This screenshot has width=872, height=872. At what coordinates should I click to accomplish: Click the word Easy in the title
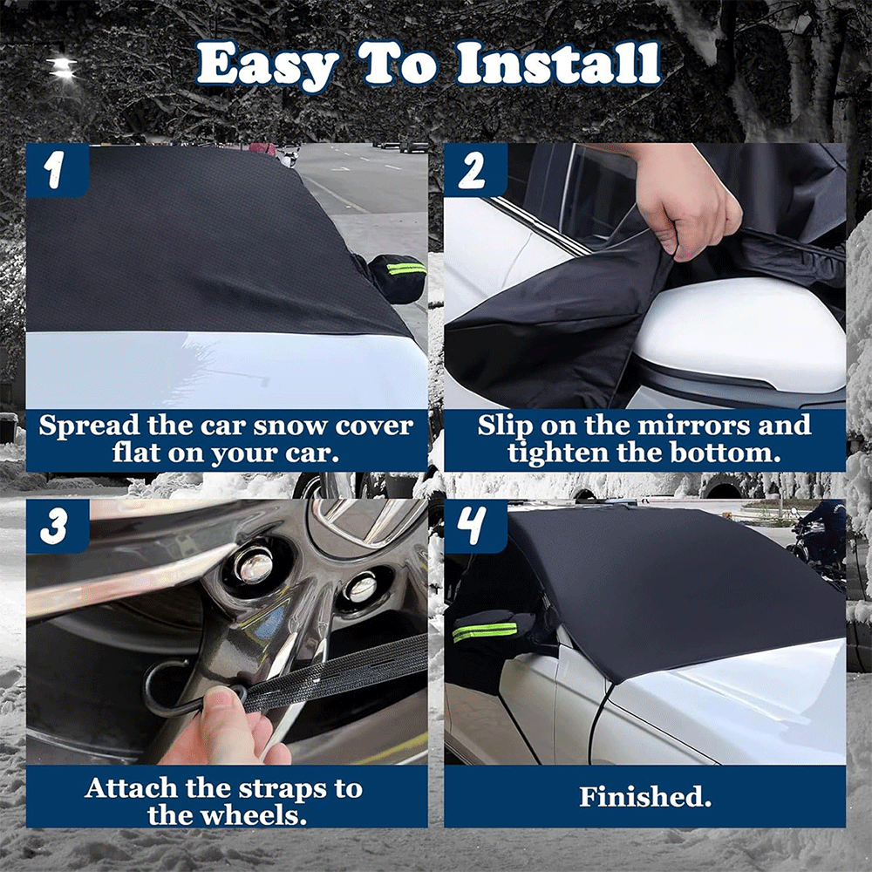[x=266, y=65]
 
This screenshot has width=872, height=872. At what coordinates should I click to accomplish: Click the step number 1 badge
[x=58, y=170]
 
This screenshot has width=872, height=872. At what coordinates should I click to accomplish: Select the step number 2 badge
[x=475, y=170]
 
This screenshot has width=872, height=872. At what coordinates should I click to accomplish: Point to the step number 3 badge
[x=58, y=526]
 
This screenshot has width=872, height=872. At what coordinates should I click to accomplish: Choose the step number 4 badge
[x=475, y=526]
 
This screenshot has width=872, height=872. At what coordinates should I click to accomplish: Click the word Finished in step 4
[x=645, y=796]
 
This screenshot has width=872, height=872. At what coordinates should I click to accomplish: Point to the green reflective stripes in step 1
[x=406, y=269]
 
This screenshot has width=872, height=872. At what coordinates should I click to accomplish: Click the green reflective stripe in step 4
[x=484, y=631]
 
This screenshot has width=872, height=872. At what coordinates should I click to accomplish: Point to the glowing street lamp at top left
[x=62, y=67]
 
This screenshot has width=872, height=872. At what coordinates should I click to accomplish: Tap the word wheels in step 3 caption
[x=254, y=815]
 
